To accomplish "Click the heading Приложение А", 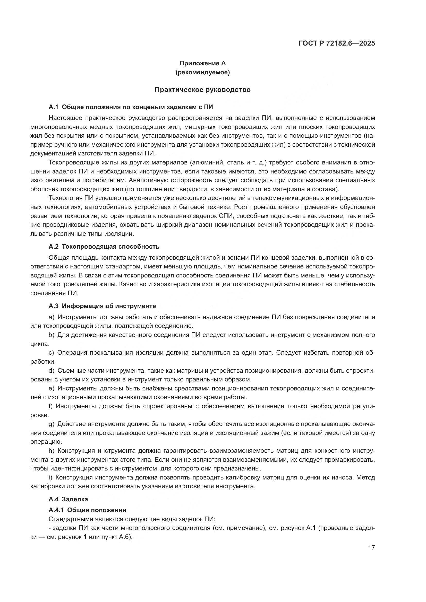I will pyautogui.click(x=202, y=63).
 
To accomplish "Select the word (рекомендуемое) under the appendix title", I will pyautogui.click(x=202, y=73).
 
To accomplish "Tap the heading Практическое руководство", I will pyautogui.click(x=202, y=90).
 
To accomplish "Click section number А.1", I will pyautogui.click(x=53, y=107).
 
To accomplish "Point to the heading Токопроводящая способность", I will pyautogui.click(x=110, y=247).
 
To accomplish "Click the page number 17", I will pyautogui.click(x=371, y=547).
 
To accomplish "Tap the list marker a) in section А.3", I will pyautogui.click(x=52, y=317).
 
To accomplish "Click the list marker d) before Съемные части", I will pyautogui.click(x=52, y=371).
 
